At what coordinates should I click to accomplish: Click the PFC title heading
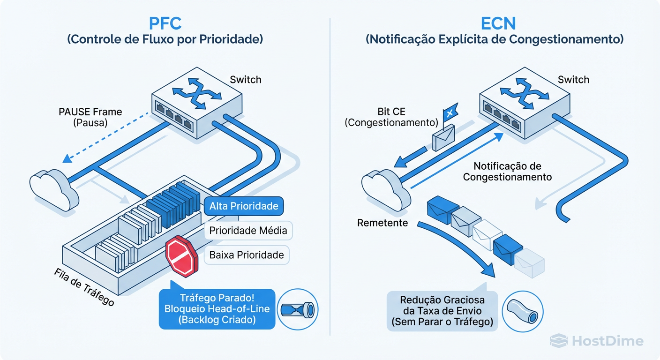click(165, 23)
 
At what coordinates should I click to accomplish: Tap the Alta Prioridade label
click(243, 206)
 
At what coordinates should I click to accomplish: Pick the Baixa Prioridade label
click(247, 255)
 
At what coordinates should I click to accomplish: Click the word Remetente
click(382, 223)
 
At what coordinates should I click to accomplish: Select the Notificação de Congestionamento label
click(507, 172)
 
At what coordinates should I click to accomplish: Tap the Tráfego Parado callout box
click(217, 308)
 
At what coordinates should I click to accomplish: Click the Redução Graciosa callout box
click(442, 311)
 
